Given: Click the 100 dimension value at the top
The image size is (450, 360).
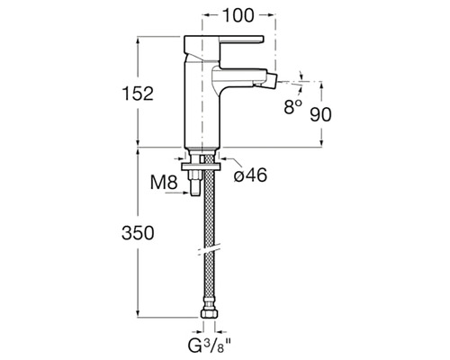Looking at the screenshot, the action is click(x=238, y=15).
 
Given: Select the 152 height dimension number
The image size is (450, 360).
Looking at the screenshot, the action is click(x=138, y=94).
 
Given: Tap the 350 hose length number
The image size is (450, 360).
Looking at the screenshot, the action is click(x=138, y=233).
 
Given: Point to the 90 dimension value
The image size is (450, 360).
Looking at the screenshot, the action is click(x=320, y=114).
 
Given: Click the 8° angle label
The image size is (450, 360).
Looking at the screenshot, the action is click(x=293, y=106).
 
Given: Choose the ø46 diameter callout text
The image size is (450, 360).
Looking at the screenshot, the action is click(x=250, y=175).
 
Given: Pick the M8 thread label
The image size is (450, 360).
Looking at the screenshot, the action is click(x=164, y=182).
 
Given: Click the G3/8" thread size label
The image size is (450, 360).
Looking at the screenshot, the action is click(x=210, y=346).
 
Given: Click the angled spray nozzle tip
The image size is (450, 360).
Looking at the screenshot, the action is click(x=271, y=80).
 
